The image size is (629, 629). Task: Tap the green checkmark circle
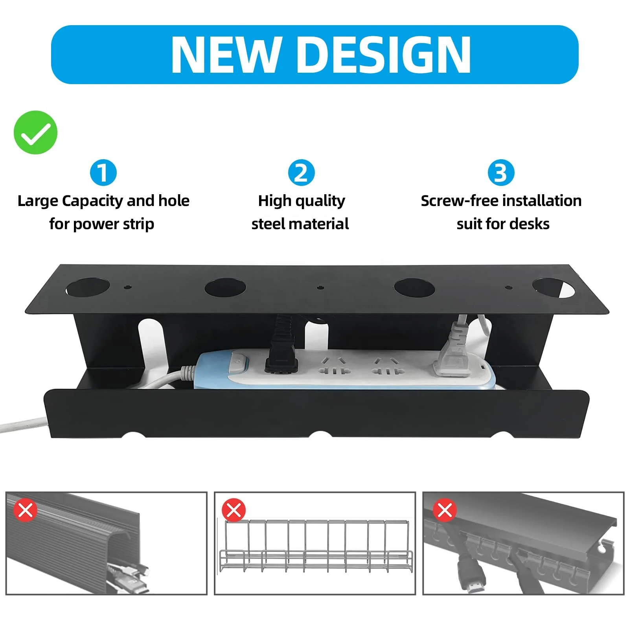point(35,132)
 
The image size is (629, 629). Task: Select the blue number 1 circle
point(103,173)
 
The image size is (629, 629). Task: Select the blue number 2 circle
point(301,173)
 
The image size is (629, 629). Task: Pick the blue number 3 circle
point(501,173)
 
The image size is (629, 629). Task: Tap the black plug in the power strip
point(280,354)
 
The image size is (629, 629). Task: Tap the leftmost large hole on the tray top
point(83,288)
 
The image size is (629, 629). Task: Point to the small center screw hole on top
point(320,287)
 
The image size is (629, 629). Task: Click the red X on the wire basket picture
point(234,510)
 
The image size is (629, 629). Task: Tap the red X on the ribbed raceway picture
point(26,510)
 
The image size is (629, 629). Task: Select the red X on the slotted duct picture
point(445,510)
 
